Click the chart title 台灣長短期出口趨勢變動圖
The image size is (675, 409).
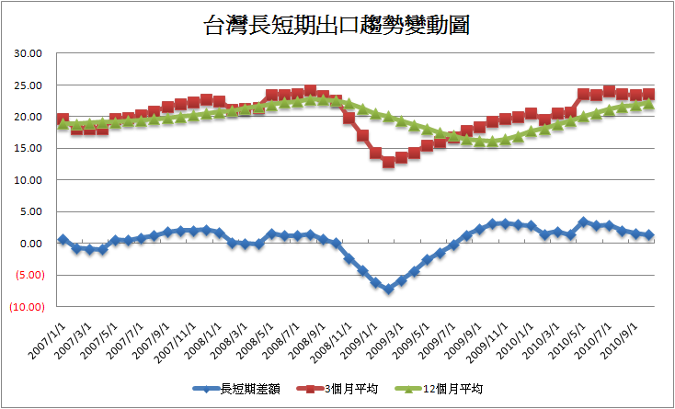click(x=337, y=25)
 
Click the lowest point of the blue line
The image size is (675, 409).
click(x=388, y=289)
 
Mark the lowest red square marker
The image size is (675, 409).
click(x=388, y=162)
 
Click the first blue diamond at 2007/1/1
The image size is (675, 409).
click(x=63, y=239)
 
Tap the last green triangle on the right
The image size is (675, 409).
click(x=649, y=104)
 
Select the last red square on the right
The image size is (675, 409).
click(x=649, y=93)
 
